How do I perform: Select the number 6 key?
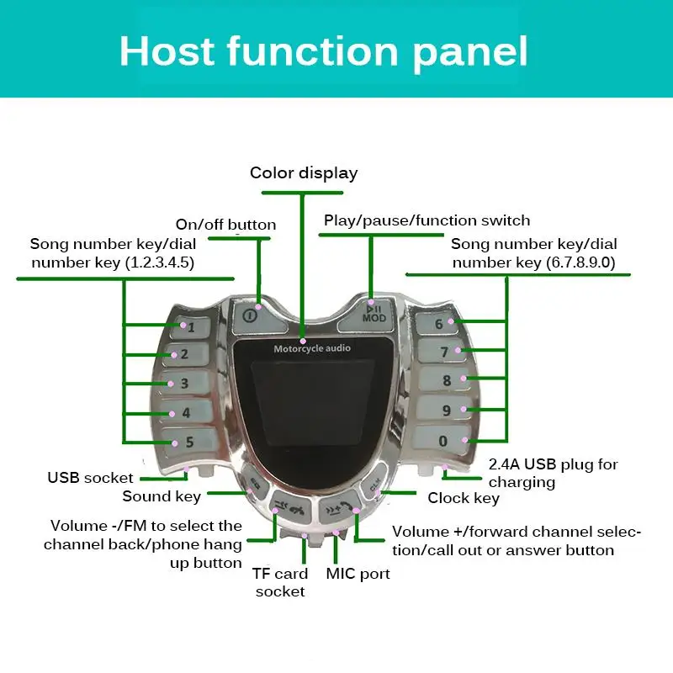tap(442, 324)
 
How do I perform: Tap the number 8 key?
tap(444, 380)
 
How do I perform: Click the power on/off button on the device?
tap(250, 315)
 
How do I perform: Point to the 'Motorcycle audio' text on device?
tap(312, 348)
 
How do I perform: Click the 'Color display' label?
tap(304, 173)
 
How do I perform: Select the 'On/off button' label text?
tap(225, 225)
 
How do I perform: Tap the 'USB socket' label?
tap(90, 478)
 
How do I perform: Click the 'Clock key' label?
tap(464, 498)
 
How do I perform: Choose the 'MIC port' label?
tap(358, 575)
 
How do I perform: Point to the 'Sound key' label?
tap(162, 496)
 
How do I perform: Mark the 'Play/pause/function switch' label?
tap(427, 220)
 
